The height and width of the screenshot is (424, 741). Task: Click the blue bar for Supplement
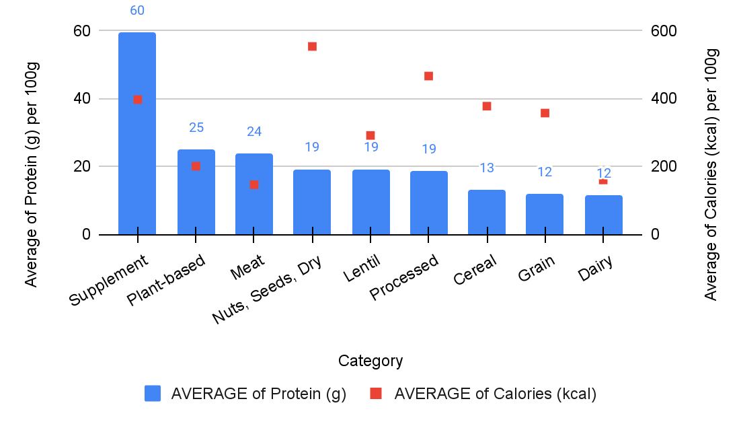tap(137, 168)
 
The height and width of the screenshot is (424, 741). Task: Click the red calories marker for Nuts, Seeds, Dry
tap(312, 46)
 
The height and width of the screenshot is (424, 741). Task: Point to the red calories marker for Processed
tap(428, 76)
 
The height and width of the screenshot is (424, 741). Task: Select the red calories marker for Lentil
tap(370, 135)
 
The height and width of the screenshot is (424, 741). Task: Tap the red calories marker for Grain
tap(545, 113)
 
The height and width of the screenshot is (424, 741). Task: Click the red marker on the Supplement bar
tap(137, 100)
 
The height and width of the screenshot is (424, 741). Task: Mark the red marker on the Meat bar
tap(253, 184)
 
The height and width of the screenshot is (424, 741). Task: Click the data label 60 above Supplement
tap(137, 11)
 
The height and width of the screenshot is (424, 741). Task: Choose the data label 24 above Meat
tap(253, 132)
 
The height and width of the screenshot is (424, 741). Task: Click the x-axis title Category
tap(370, 361)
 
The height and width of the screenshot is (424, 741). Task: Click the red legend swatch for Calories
tap(377, 394)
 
